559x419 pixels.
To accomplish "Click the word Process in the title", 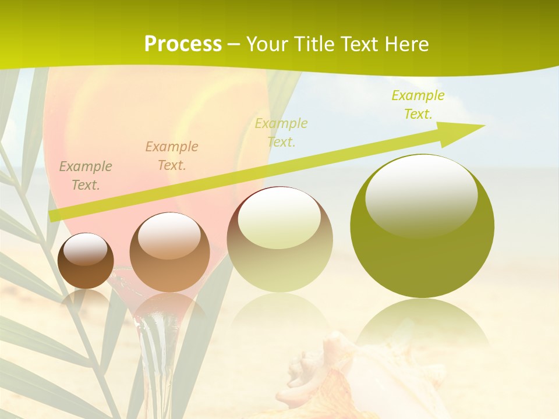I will (x=183, y=44).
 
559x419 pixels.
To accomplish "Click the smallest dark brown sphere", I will (x=86, y=261).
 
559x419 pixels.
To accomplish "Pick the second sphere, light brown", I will (x=169, y=253).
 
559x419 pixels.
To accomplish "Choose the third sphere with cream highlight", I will (x=279, y=240).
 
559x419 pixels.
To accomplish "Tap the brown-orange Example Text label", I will (x=172, y=156).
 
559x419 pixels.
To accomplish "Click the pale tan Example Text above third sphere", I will (x=281, y=133).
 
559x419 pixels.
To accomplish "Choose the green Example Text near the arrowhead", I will (x=418, y=105).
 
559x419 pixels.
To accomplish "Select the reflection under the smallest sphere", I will (x=86, y=300).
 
